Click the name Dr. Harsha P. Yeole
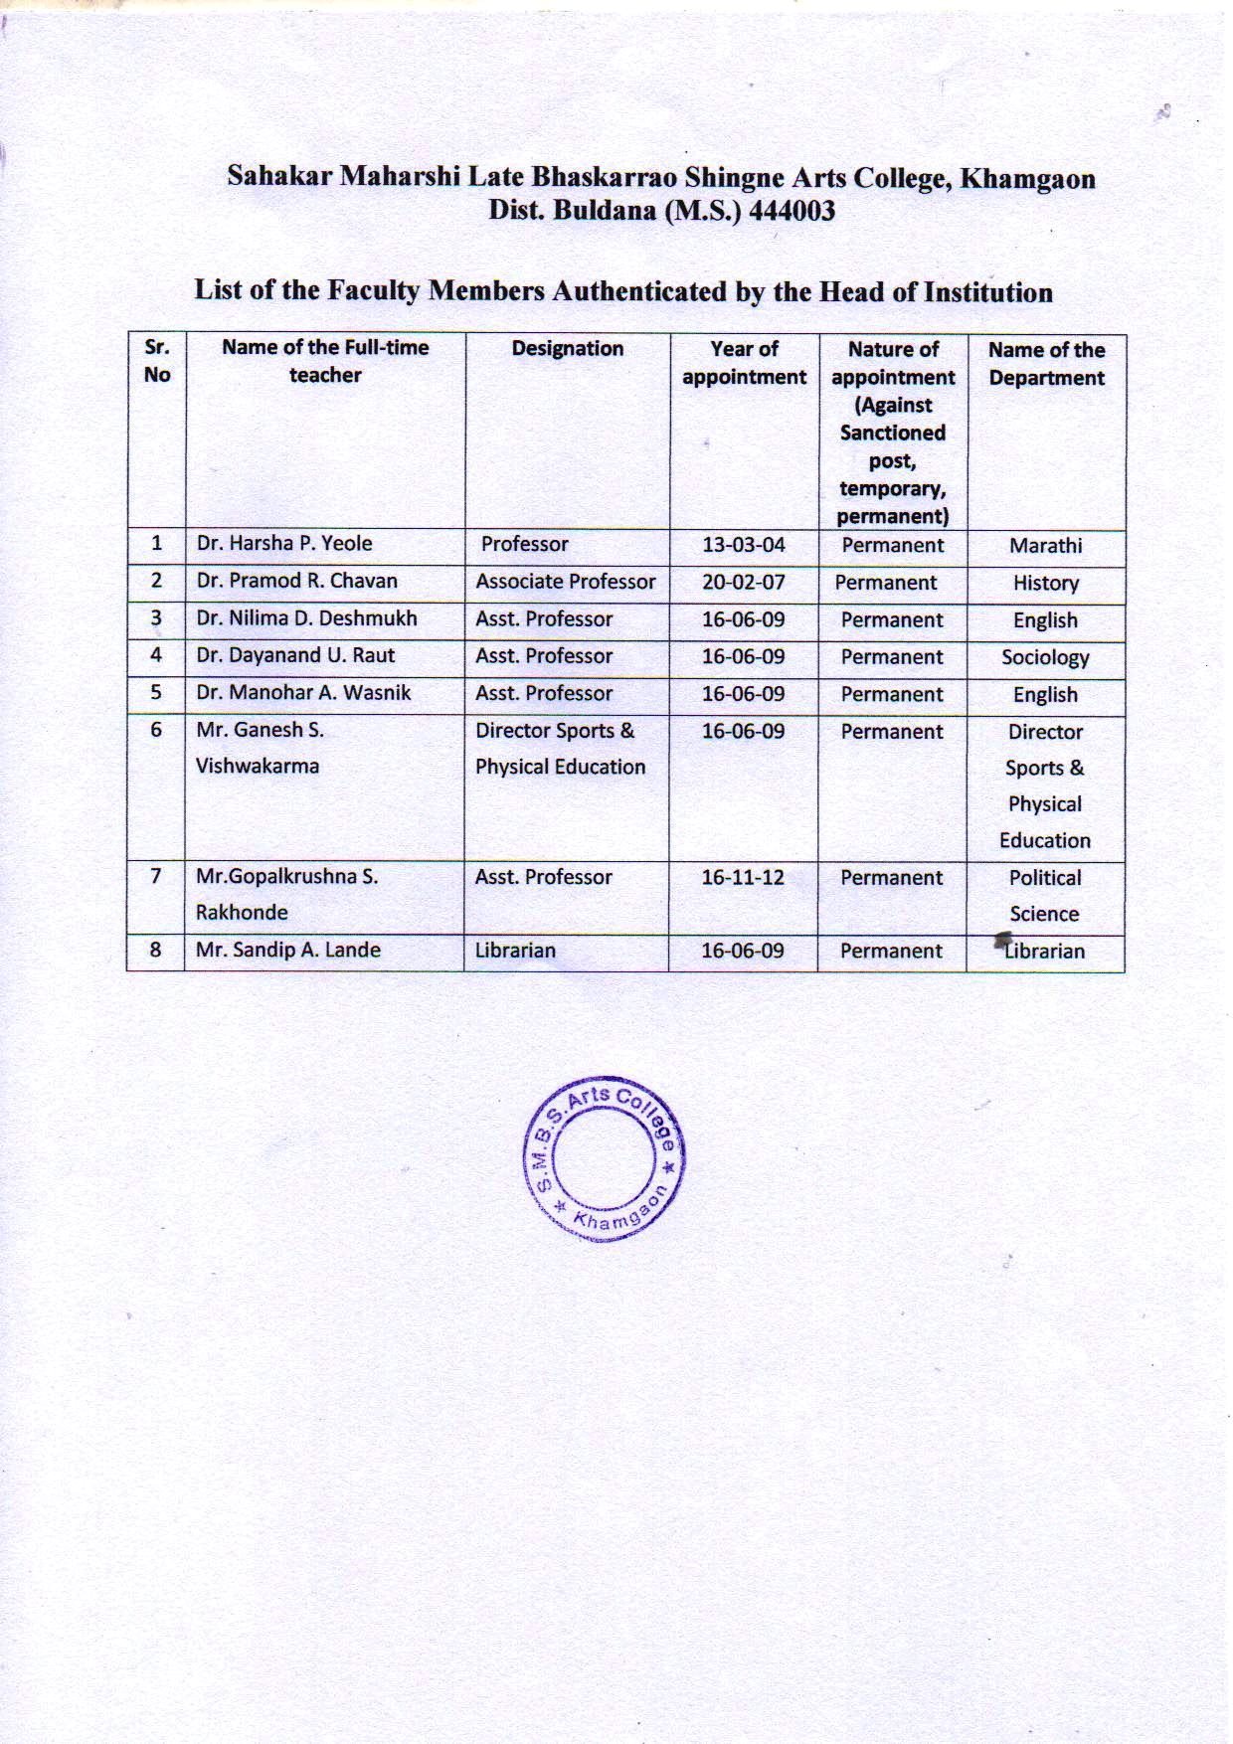point(284,544)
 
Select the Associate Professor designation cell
point(565,582)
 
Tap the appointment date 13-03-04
point(744,545)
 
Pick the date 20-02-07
point(744,582)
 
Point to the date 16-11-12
point(743,877)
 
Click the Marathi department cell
point(1045,546)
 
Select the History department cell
point(1045,584)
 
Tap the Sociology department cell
point(1045,657)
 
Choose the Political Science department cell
point(1044,896)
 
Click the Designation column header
point(568,349)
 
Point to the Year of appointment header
point(744,363)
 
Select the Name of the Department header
point(1046,364)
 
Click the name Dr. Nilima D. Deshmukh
point(306,618)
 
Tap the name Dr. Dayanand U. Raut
point(295,656)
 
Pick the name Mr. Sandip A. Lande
point(288,950)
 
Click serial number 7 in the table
point(156,876)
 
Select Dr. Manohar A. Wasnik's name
point(303,693)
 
